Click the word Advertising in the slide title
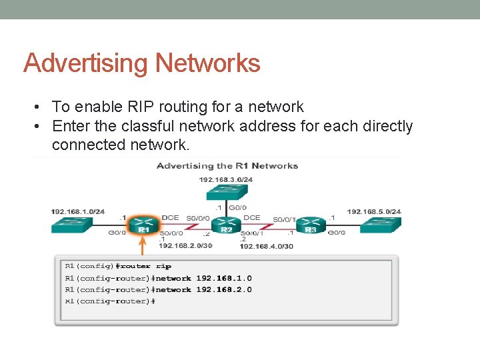86,63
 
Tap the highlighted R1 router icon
143,225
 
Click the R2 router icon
227,225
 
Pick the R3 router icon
311,225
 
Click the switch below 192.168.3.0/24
227,192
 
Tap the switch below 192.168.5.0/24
381,225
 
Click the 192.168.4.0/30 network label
266,246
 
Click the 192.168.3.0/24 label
226,179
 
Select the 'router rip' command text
153,267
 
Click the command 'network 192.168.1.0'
203,278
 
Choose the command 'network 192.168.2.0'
203,289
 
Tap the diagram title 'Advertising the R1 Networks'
227,166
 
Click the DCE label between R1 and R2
170,217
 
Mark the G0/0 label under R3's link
335,233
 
